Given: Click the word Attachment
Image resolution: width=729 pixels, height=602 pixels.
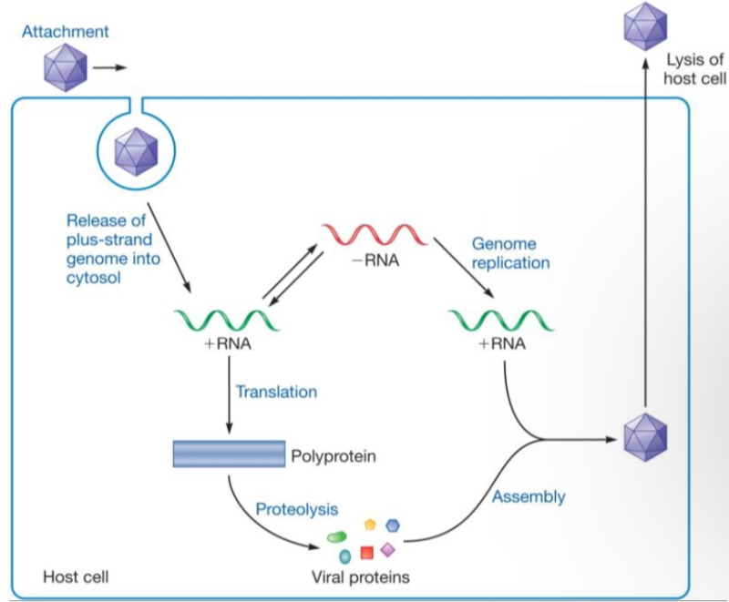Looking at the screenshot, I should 67,32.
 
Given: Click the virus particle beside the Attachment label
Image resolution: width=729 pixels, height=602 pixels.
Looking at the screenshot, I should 65,68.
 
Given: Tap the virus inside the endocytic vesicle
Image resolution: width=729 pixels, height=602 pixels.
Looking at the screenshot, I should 136,149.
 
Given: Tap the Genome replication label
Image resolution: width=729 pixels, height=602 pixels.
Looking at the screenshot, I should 510,253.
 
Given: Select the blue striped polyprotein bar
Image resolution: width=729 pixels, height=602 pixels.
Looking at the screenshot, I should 228,453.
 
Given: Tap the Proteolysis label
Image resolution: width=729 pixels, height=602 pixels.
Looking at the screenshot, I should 296,507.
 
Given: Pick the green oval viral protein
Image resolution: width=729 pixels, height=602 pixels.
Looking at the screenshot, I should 338,536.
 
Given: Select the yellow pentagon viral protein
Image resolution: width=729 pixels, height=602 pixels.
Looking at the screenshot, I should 370,525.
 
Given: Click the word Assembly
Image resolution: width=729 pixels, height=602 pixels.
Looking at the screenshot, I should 529,497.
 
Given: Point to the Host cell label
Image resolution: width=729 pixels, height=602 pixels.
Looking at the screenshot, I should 77,576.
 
